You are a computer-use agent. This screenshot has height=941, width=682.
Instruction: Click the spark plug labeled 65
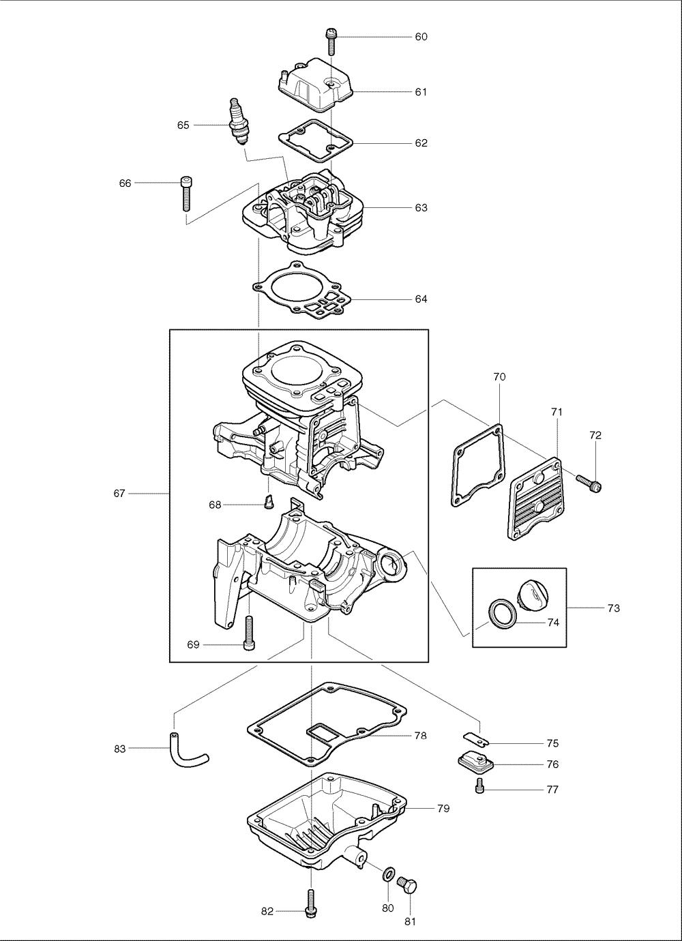pos(237,121)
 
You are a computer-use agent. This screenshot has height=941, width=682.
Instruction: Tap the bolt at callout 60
pos(331,41)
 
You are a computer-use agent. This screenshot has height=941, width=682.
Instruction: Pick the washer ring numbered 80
pos(389,874)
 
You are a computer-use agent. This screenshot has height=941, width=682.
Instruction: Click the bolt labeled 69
pos(249,632)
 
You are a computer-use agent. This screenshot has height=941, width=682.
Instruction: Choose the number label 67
pos(119,493)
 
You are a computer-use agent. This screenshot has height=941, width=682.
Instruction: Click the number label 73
pos(613,608)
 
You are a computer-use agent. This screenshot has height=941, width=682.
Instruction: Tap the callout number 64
pos(421,299)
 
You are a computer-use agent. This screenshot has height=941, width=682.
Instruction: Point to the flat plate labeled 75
pos(474,738)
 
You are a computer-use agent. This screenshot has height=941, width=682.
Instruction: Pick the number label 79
pos(443,808)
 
